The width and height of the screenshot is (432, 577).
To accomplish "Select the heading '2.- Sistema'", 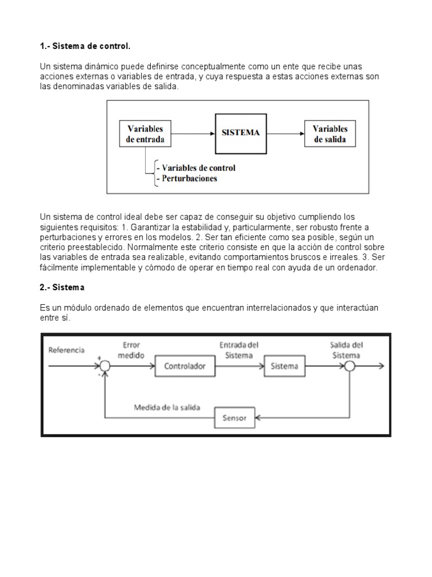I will (62, 287).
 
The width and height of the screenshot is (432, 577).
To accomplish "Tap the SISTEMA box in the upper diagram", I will (240, 133).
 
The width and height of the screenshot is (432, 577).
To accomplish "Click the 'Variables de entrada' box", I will (145, 134).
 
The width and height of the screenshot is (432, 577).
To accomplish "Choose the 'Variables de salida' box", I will (330, 134).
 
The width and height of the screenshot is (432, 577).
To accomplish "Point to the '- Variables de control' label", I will (196, 168).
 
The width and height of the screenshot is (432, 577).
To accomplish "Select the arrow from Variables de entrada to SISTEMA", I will (193, 134).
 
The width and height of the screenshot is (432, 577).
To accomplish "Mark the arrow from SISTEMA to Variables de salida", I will (284, 134).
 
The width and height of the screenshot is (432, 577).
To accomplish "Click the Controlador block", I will (184, 366).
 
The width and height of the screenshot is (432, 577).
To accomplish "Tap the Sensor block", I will (235, 418).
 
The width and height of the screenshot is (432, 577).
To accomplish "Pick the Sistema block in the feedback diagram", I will (285, 366).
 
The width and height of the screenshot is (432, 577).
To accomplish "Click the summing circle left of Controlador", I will (105, 366).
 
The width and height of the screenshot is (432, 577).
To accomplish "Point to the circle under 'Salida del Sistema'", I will (349, 366).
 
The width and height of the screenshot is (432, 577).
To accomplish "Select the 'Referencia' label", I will (66, 350).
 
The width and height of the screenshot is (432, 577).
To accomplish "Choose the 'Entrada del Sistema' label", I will (238, 350).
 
